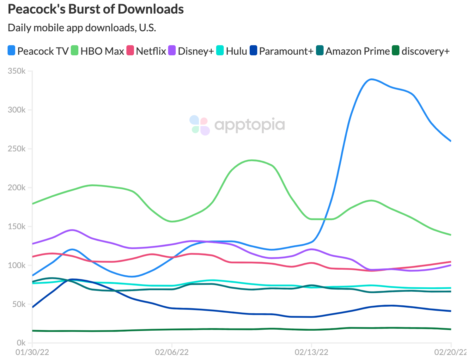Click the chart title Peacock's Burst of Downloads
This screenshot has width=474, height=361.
point(96,9)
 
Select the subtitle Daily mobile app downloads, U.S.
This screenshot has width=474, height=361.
point(82,28)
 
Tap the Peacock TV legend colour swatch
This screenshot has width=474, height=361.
point(11,51)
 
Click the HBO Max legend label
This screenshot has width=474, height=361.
point(102,51)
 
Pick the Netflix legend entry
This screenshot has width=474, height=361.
point(151,51)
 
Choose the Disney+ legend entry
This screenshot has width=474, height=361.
point(196,51)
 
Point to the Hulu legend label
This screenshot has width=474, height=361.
point(236,51)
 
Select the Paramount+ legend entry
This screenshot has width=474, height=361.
point(286,51)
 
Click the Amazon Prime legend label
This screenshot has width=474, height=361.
point(357,51)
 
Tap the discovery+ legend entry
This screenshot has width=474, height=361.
point(425,51)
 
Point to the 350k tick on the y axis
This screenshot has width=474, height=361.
point(17,71)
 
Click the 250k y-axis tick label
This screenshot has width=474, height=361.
point(17,149)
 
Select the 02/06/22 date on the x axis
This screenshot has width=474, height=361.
point(172,352)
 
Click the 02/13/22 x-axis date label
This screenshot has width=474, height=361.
point(312,352)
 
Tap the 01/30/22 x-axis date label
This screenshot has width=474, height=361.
point(33,352)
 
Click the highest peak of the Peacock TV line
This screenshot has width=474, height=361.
point(371,79)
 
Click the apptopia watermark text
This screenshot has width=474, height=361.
point(250,125)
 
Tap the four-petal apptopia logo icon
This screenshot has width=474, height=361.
point(200,125)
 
